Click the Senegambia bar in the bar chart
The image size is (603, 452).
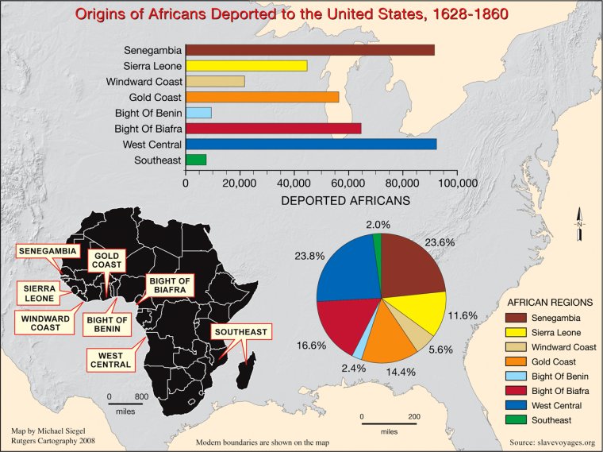(x=309, y=50)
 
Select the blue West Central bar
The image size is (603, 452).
(x=310, y=144)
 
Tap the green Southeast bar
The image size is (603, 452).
(x=196, y=160)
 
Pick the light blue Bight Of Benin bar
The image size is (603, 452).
(x=198, y=113)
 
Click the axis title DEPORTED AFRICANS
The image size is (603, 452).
(x=346, y=201)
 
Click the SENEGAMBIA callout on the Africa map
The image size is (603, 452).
(x=48, y=251)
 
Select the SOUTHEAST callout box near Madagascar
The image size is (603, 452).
(x=241, y=331)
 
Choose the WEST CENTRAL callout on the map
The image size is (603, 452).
(x=109, y=360)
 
